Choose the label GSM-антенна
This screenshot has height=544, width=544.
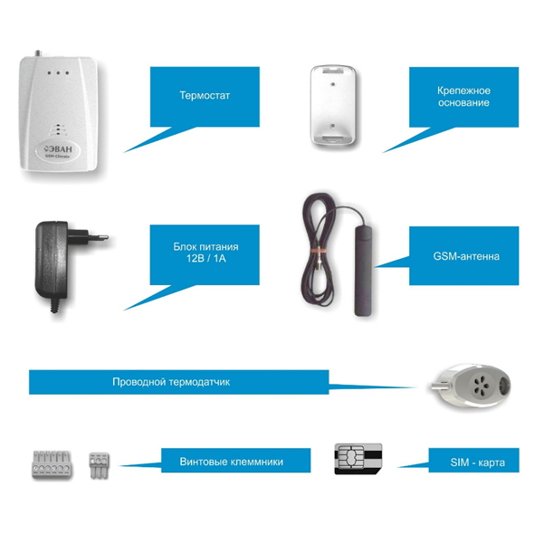click(466, 257)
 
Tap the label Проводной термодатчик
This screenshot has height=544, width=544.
click(171, 383)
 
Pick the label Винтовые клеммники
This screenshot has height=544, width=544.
click(232, 462)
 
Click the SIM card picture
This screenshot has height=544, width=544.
click(359, 459)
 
